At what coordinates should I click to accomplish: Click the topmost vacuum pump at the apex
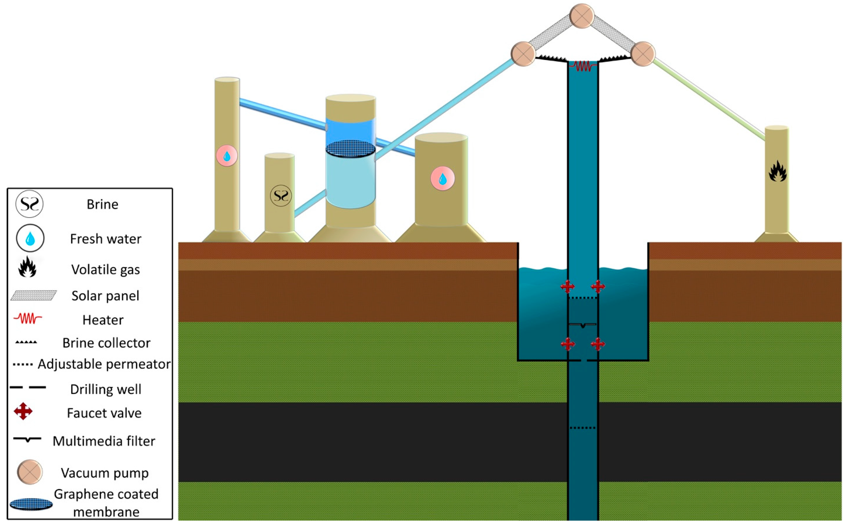(x=582, y=16)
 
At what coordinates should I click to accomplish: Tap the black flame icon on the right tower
(x=777, y=171)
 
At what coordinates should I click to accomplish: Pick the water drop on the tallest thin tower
(x=227, y=156)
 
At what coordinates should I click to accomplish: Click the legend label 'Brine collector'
(x=106, y=343)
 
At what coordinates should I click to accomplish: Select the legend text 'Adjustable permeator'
(x=104, y=364)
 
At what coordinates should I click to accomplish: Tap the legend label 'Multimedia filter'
(x=104, y=441)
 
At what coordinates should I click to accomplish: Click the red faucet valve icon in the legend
(x=23, y=411)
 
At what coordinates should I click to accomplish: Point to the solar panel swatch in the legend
(x=34, y=295)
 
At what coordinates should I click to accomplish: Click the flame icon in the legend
(x=27, y=267)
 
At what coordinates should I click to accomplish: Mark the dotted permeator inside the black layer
(x=583, y=428)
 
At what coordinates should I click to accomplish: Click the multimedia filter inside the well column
(x=583, y=325)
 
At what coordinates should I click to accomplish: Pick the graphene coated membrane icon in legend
(x=31, y=504)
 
